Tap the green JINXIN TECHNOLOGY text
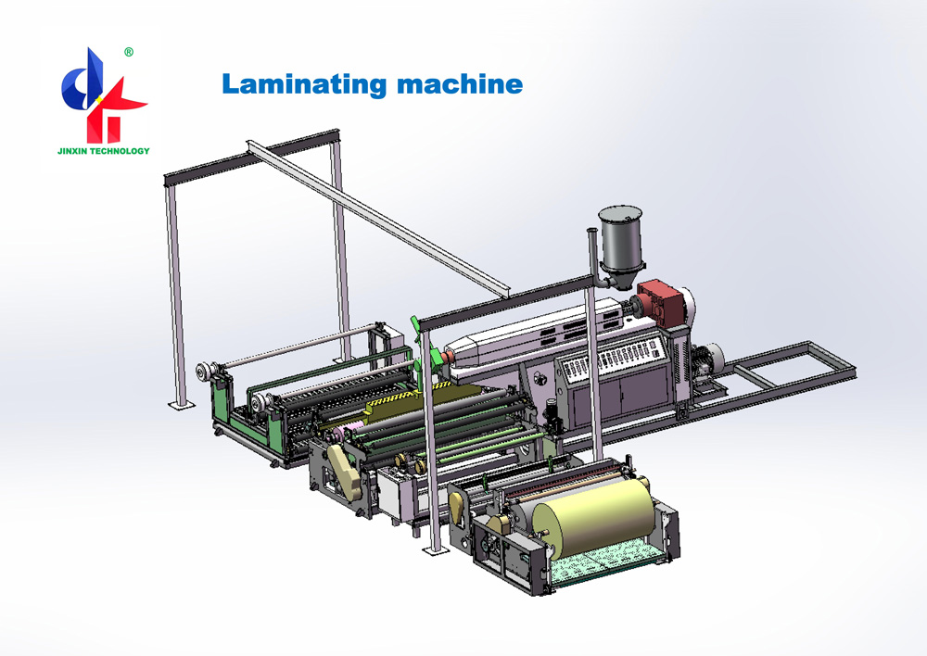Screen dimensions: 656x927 pos(104,150)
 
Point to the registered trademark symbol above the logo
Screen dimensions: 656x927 pos(128,53)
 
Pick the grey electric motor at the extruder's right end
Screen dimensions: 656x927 pos(715,359)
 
